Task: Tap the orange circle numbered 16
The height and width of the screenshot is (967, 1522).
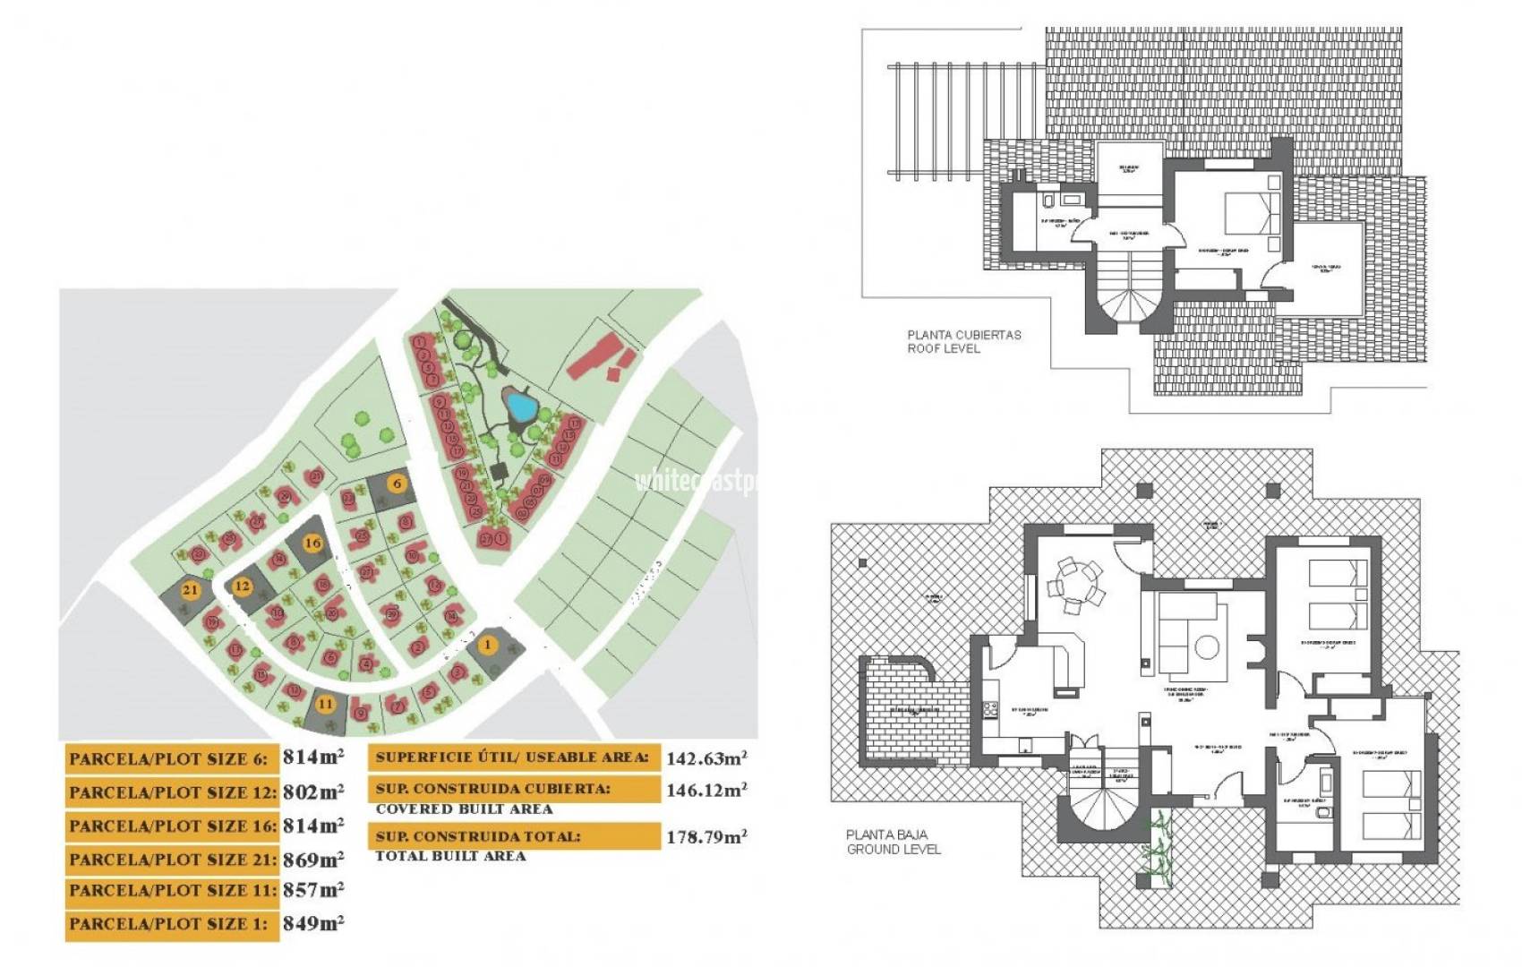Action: pos(312,543)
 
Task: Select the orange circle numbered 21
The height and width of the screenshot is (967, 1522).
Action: pos(190,590)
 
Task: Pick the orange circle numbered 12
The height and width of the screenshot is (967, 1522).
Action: pos(242,587)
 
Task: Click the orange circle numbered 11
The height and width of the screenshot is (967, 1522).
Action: pos(325,704)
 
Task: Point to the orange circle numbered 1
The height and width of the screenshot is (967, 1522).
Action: pos(488,645)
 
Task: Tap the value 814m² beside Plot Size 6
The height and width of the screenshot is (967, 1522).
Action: pos(312,757)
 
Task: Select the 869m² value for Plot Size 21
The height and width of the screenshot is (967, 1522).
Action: pos(312,860)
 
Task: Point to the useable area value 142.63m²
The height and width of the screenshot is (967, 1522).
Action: pos(706,758)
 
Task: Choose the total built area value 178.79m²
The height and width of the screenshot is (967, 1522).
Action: pos(706,837)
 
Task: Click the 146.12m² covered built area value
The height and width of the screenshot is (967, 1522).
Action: pos(706,790)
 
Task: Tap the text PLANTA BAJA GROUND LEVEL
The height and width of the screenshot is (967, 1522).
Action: pos(893,842)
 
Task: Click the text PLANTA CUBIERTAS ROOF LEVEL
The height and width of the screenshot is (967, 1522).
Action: pos(963,341)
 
